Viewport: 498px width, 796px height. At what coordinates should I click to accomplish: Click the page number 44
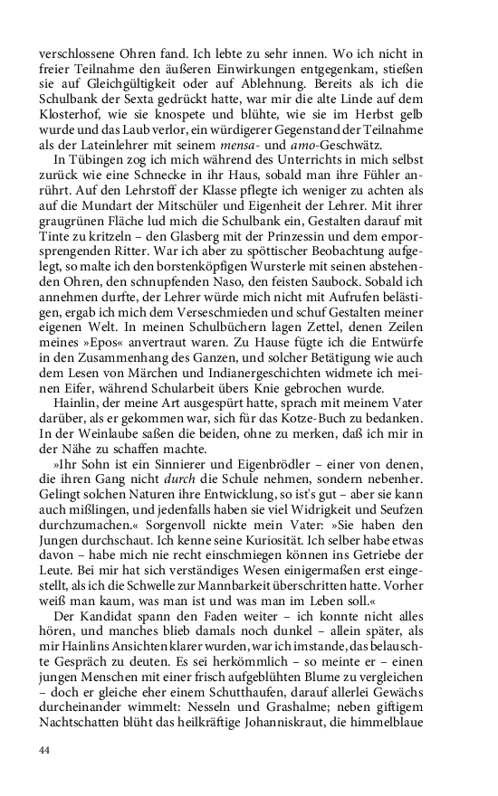point(44,750)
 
